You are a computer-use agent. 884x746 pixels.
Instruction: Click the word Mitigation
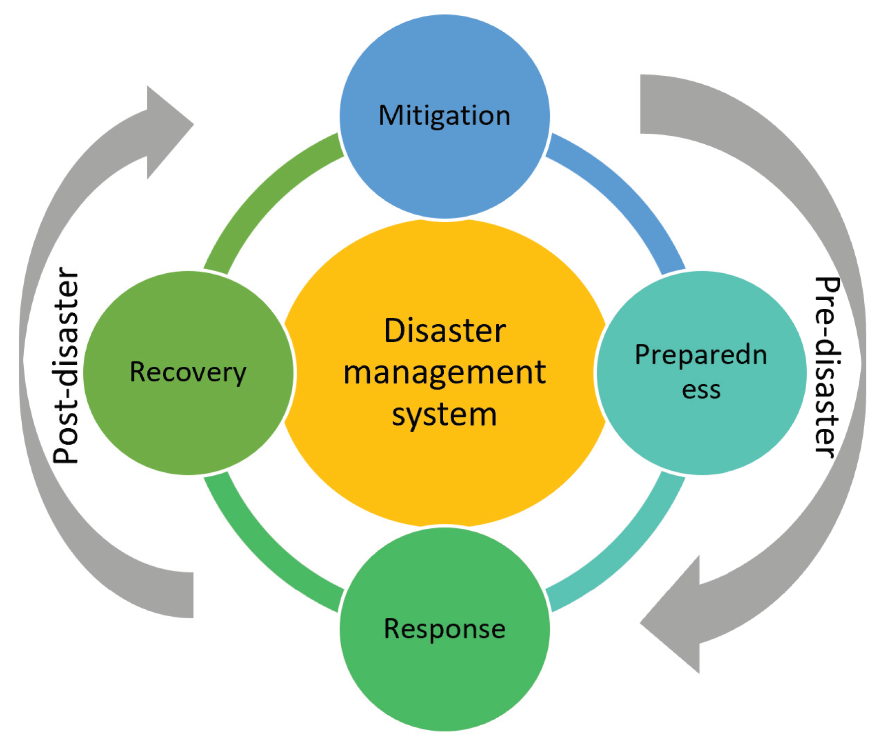pyautogui.click(x=444, y=116)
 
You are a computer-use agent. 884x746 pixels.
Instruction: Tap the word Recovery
pyautogui.click(x=188, y=372)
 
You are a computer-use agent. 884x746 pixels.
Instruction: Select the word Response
pyautogui.click(x=444, y=629)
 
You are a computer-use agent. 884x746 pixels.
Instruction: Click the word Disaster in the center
pyautogui.click(x=444, y=331)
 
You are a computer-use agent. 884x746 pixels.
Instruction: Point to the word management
pyautogui.click(x=444, y=373)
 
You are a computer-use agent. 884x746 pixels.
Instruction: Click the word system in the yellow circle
pyautogui.click(x=444, y=414)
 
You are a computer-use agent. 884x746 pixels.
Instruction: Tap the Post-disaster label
pyautogui.click(x=66, y=366)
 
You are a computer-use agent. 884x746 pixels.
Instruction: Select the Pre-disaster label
pyautogui.click(x=827, y=367)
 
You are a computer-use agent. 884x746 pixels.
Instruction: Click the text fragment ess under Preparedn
pyautogui.click(x=701, y=390)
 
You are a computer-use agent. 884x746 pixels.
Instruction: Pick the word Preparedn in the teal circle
pyautogui.click(x=701, y=355)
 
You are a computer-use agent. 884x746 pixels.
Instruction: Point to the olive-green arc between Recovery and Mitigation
pyautogui.click(x=263, y=198)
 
